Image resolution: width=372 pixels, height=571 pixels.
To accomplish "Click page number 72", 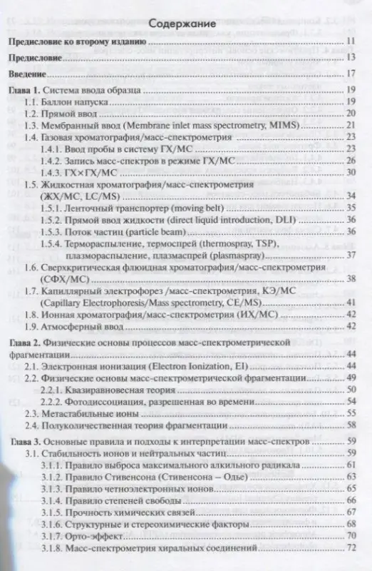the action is click(x=350, y=547).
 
